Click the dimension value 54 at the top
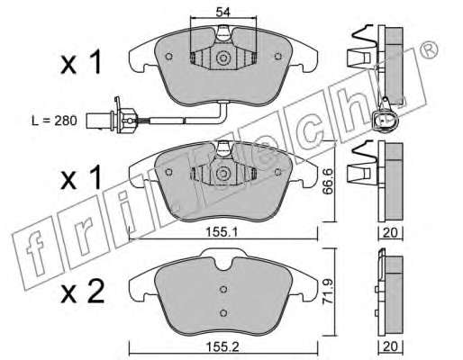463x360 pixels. point(222,13)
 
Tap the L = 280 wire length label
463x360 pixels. point(54,121)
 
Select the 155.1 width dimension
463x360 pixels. point(222,232)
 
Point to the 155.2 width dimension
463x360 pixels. point(222,347)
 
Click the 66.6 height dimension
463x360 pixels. point(328,181)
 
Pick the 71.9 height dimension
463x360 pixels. point(328,292)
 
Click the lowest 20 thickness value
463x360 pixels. point(390,346)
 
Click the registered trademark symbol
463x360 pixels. point(428,51)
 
